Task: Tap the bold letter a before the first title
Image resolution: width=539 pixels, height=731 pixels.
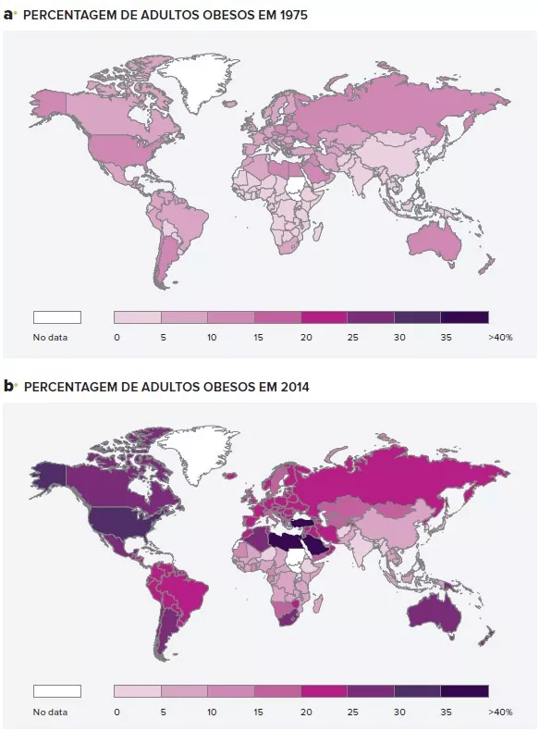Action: pyautogui.click(x=9, y=15)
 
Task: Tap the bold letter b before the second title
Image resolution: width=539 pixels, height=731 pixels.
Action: pyautogui.click(x=9, y=385)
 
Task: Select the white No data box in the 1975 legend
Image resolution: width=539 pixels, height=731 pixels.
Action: pyautogui.click(x=57, y=316)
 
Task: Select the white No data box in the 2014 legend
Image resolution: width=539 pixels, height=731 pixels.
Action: pyautogui.click(x=57, y=690)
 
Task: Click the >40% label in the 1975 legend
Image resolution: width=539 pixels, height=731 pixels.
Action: pyautogui.click(x=499, y=338)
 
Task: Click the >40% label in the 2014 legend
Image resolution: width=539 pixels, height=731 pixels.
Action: pyautogui.click(x=499, y=712)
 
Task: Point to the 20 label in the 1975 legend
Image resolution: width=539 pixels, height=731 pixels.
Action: pyautogui.click(x=303, y=338)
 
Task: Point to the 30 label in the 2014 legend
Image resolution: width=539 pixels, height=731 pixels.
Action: pyautogui.click(x=398, y=712)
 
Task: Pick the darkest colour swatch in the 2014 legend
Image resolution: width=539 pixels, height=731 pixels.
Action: pyautogui.click(x=464, y=690)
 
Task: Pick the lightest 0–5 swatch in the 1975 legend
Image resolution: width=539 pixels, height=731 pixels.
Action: pyautogui.click(x=138, y=316)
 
